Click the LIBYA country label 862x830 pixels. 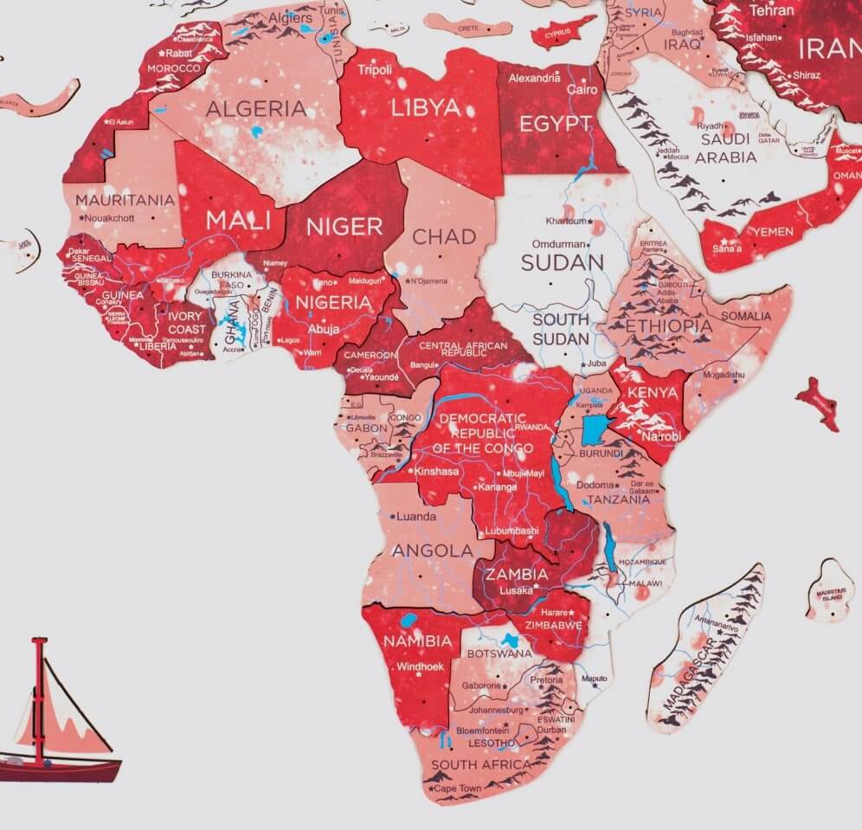coord(425,108)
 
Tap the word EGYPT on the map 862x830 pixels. coord(555,124)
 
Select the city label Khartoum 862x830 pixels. coord(566,222)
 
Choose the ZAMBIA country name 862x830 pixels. coord(516,574)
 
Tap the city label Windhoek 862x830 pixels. coord(420,666)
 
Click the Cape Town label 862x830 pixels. coord(458,788)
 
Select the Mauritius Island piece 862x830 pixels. coord(829,591)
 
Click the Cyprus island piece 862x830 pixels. coord(563,33)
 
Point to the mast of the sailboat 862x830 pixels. coord(39,701)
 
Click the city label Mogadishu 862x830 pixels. coord(723,375)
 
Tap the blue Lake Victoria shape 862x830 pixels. coord(595,429)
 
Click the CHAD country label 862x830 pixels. coord(444,236)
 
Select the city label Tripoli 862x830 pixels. coord(375,69)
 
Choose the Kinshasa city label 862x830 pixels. coord(436,472)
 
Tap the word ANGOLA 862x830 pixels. coord(432,550)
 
